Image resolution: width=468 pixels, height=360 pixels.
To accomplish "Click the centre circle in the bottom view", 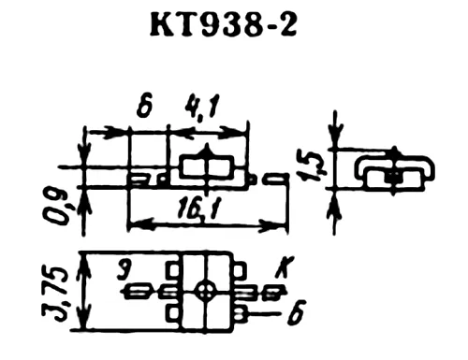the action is pos(206,291).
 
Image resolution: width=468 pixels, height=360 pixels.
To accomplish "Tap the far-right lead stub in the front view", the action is pos(276,178).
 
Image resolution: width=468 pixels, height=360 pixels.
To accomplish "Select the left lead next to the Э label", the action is pos(139,292).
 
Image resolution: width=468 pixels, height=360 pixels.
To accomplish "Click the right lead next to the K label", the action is pos(271,292).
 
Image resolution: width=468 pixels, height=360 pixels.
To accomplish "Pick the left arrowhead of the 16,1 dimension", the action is pos(133,224).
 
